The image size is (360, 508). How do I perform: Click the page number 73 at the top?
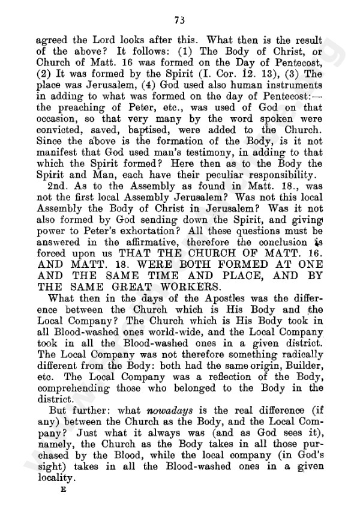point(179,20)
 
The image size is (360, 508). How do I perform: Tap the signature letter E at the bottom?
point(62,489)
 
